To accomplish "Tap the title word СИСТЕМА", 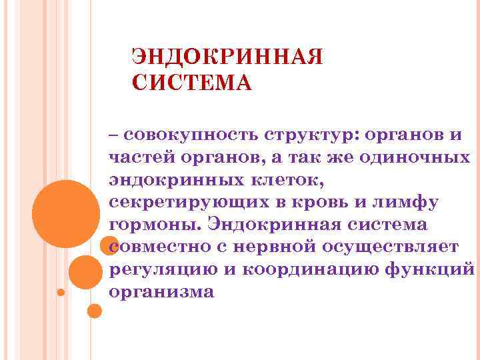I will (x=192, y=84).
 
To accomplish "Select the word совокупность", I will (x=189, y=135).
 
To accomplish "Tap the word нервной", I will (x=271, y=247).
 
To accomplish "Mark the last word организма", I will (x=161, y=292).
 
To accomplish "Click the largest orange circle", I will (x=66, y=213).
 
